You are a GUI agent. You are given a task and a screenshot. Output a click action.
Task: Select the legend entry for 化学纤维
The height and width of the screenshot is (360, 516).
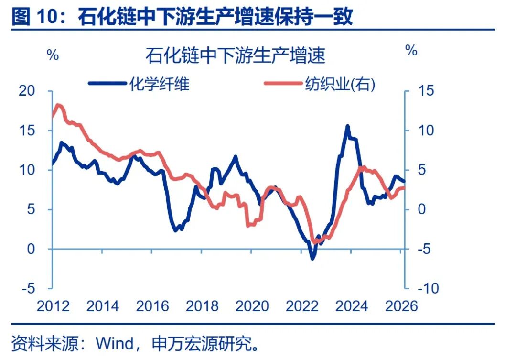(139, 84)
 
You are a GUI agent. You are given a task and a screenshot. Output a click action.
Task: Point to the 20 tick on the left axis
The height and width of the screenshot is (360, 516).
(27, 91)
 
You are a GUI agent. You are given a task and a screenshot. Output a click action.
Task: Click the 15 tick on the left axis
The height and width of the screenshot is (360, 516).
(27, 131)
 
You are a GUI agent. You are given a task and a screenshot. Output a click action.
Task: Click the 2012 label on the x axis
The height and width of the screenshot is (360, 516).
(54, 305)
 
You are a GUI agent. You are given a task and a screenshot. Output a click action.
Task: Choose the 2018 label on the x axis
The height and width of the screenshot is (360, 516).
(203, 305)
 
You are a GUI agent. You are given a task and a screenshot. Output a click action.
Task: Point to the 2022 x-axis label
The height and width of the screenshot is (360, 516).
(302, 305)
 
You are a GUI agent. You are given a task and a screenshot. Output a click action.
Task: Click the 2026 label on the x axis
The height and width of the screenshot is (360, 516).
(401, 305)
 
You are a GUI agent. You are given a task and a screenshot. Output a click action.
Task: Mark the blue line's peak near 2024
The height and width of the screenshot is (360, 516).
(347, 126)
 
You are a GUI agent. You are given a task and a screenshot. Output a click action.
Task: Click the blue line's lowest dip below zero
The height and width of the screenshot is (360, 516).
(313, 258)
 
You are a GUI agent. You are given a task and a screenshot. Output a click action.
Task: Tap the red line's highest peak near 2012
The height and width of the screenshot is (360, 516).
(58, 105)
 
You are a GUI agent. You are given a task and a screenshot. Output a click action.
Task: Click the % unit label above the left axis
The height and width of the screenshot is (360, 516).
(53, 55)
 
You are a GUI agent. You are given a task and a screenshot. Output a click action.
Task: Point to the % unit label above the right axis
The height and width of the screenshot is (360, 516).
(411, 50)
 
